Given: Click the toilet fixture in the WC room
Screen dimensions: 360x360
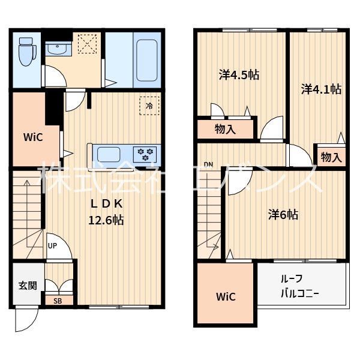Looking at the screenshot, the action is click(28, 52).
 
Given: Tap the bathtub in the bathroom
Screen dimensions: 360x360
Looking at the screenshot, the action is click(147, 61).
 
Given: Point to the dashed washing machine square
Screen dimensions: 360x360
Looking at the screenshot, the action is click(87, 44).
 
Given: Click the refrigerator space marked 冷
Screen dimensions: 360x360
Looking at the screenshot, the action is click(149, 106).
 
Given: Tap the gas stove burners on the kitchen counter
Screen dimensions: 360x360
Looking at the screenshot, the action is click(145, 154).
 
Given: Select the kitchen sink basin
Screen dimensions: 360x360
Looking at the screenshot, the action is click(109, 155).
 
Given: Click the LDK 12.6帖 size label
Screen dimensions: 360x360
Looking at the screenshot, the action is click(106, 212).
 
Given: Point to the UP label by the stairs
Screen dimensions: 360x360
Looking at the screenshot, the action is click(52, 246).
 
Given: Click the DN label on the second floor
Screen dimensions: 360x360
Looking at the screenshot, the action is click(208, 164).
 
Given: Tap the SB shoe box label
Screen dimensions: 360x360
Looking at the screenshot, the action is click(58, 301).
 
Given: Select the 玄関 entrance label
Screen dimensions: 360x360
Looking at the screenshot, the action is click(28, 286).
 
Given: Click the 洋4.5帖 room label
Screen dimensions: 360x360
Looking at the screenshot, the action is click(239, 75).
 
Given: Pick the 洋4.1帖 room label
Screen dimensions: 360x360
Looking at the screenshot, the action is click(321, 89).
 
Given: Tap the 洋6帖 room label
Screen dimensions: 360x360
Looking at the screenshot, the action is click(283, 215).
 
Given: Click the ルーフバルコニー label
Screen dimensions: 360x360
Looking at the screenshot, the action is click(300, 286).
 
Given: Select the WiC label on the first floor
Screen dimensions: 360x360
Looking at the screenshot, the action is click(33, 137).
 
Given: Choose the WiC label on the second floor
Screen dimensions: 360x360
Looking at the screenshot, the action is click(226, 297).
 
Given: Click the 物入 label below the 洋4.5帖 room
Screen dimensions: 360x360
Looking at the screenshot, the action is click(225, 129).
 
